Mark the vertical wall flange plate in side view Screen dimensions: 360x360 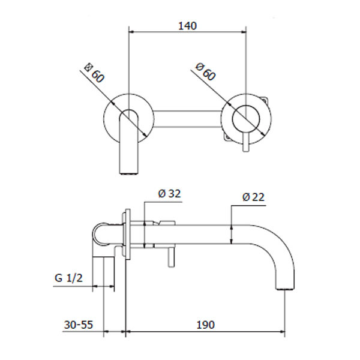click(x=127, y=235)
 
